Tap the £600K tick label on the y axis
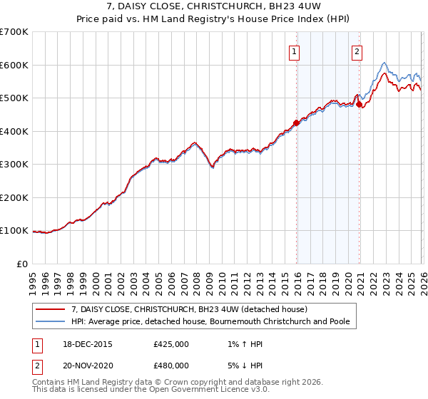(14, 65)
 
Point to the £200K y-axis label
(14, 197)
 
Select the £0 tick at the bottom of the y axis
(21, 264)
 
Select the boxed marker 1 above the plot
(295, 51)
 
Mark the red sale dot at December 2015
(296, 123)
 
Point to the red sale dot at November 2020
(358, 104)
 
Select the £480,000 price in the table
(171, 365)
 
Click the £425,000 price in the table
(171, 343)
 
